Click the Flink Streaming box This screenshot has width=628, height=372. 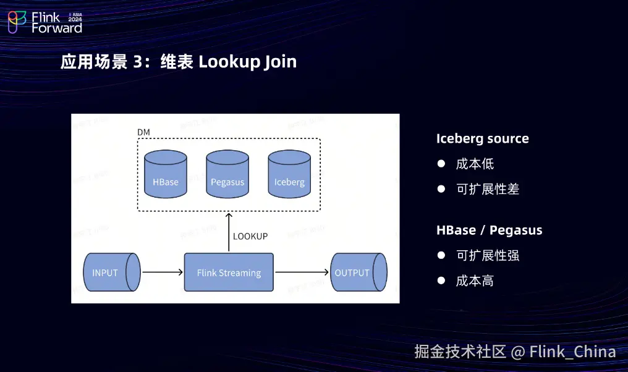point(229,272)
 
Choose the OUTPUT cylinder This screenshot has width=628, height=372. point(358,272)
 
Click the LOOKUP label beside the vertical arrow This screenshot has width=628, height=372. point(250,236)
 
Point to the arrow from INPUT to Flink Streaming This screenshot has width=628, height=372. point(163,272)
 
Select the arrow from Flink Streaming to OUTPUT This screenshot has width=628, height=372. point(302,272)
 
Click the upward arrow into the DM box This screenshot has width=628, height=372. point(229,232)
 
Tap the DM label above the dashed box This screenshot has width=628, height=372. point(143,133)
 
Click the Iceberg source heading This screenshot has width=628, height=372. point(482,138)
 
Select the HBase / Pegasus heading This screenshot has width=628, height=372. point(489,230)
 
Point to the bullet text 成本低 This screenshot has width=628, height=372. point(475,164)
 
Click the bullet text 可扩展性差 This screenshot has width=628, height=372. point(487,189)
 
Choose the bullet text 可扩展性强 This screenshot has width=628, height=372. point(487,255)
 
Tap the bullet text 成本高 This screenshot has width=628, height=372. point(475,281)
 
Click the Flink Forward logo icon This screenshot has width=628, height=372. point(17,22)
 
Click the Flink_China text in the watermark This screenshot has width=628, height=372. point(572,352)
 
